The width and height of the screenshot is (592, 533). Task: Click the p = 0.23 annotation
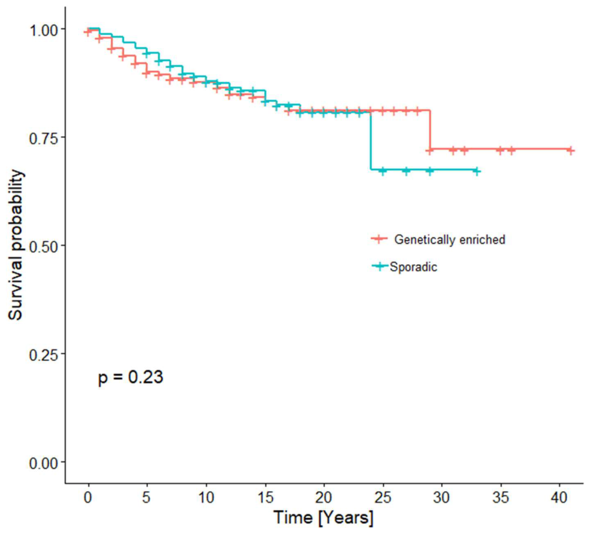coord(131,377)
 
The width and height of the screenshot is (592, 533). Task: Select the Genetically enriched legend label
coord(450,239)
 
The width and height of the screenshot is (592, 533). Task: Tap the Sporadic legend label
coord(413,267)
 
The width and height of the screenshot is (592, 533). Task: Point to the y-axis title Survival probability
coord(16,245)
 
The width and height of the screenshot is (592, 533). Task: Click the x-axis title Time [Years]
coord(324,517)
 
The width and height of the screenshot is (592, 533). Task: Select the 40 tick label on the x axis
coord(559,497)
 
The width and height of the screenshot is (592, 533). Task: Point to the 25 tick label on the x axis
coord(382,497)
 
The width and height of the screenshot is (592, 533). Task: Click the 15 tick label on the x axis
coord(265,497)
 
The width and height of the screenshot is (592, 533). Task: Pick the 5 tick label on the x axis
coord(147,497)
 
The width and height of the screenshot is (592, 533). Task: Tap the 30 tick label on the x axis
coord(441,497)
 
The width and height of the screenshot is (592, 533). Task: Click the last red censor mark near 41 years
coord(570,150)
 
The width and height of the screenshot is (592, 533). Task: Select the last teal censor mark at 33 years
coord(477,171)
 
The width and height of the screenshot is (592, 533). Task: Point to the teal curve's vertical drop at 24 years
coord(371,141)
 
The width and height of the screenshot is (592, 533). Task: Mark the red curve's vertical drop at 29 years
coord(430,130)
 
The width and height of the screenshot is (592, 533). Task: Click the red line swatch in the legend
coord(379,239)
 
